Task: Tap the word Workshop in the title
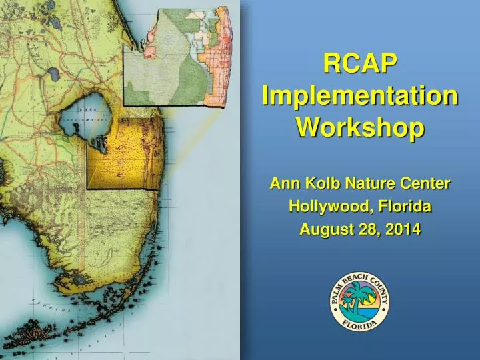click(360, 126)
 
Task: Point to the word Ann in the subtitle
click(282, 183)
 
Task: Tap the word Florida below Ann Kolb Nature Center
click(402, 207)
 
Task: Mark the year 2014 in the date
click(403, 230)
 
